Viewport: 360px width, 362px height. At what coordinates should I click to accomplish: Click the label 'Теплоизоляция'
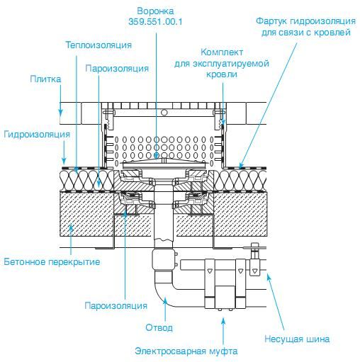(99, 45)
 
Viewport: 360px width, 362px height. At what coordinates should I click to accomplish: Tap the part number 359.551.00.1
(155, 22)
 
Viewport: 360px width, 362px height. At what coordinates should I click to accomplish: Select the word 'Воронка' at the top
(155, 11)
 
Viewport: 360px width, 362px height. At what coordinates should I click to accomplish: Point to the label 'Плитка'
(45, 79)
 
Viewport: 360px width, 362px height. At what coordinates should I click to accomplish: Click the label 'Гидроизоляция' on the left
(37, 135)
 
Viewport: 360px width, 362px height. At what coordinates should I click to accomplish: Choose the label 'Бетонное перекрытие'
(52, 261)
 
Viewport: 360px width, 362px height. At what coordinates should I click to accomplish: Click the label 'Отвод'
(159, 327)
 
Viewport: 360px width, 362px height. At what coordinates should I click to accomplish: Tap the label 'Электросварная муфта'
(186, 351)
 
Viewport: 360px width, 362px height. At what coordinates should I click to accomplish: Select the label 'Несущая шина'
(297, 339)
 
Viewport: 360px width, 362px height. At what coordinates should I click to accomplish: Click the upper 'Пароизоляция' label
(117, 69)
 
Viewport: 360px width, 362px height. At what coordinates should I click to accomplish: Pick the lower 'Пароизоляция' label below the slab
(116, 305)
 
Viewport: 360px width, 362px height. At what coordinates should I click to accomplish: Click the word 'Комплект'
(222, 52)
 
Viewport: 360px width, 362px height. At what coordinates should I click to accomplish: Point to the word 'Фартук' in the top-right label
(271, 21)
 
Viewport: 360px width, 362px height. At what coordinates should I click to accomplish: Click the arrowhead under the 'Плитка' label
(61, 112)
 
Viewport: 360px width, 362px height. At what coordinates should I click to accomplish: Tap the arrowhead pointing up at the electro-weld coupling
(223, 322)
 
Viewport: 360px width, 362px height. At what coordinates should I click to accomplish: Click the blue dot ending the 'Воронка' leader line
(156, 155)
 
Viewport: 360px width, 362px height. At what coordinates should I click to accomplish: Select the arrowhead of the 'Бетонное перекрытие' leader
(71, 227)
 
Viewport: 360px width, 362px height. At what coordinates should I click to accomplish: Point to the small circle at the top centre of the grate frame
(164, 113)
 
